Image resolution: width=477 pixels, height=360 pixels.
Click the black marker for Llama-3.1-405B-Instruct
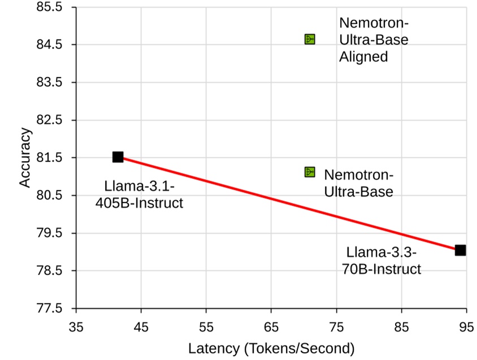(118, 157)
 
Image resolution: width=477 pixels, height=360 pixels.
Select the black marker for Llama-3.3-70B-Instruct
(460, 250)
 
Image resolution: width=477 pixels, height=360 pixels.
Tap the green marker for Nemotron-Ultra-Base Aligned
(309, 39)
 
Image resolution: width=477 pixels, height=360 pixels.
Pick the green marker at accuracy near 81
(309, 172)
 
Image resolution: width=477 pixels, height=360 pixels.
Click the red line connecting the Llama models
(288, 203)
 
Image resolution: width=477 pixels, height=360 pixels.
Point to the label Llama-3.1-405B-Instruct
(139, 194)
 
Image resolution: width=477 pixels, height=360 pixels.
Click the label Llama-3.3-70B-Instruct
(381, 260)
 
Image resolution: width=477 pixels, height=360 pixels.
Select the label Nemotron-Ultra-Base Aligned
(373, 40)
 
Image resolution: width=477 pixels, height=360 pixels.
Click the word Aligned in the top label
(363, 57)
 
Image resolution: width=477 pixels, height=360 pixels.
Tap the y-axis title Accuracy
(26, 158)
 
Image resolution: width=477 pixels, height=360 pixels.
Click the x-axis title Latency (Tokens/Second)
(271, 348)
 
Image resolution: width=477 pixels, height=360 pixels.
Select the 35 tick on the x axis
(76, 327)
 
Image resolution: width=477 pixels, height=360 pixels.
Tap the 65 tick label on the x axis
(271, 327)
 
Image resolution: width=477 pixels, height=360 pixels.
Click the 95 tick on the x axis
(466, 327)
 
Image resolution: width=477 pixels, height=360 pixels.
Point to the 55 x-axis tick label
(206, 327)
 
